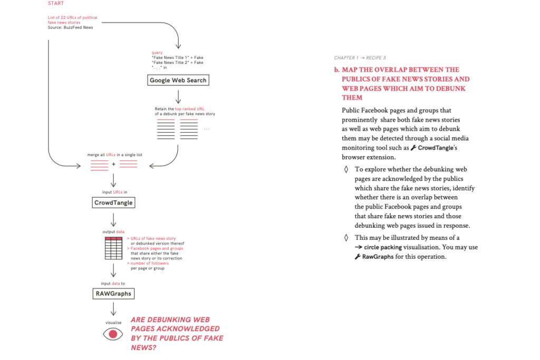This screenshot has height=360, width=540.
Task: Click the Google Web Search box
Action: click(x=178, y=80)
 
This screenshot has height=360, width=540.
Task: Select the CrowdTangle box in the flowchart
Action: click(x=113, y=202)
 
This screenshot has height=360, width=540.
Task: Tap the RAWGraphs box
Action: click(x=113, y=294)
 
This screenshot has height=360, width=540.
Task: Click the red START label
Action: click(x=55, y=4)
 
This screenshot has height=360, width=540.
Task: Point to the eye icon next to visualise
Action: click(x=113, y=334)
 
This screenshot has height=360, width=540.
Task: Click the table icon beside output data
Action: click(x=114, y=248)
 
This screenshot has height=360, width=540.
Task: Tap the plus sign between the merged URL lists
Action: click(x=114, y=165)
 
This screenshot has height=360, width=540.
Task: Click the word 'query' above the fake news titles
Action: click(x=157, y=53)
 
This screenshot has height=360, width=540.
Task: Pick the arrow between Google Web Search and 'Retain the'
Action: click(x=178, y=96)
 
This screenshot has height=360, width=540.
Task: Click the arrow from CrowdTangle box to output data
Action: click(x=113, y=219)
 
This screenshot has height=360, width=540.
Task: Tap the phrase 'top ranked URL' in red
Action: click(x=190, y=109)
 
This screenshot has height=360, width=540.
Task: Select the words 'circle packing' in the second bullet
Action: click(x=382, y=247)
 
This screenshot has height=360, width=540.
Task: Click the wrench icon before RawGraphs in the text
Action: click(x=358, y=257)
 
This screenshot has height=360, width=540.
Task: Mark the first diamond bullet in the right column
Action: click(x=346, y=169)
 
